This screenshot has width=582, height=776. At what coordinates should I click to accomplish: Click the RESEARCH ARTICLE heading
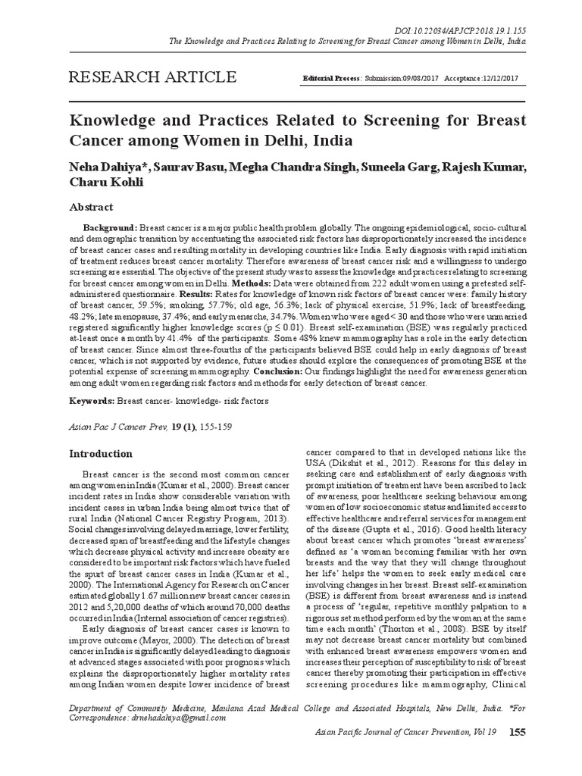(x=152, y=77)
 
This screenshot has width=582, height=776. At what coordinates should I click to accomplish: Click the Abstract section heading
(x=92, y=207)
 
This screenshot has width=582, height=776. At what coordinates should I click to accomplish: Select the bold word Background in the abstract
(x=111, y=228)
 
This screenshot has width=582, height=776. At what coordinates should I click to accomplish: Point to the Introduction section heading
(x=102, y=454)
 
